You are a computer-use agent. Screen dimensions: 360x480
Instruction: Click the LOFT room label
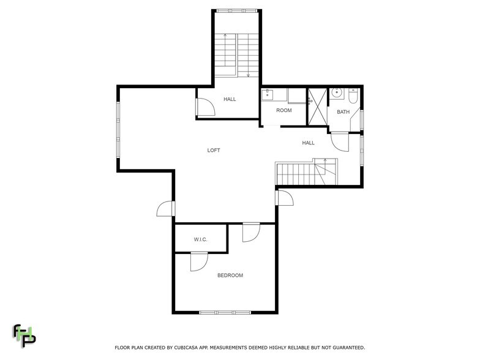coord(213,150)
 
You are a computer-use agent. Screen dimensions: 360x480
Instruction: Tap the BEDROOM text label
coord(230,276)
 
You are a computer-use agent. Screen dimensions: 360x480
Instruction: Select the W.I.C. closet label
coord(200,239)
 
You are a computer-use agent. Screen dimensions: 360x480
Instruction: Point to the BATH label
coord(343,111)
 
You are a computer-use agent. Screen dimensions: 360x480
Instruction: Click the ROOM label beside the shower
coord(283,111)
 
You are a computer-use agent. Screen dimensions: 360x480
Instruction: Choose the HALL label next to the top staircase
coord(230,99)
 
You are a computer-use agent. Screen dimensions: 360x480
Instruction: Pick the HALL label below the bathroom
coord(308,143)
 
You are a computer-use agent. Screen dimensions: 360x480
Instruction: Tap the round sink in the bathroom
coord(336,94)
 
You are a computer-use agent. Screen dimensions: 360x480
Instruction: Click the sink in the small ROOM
coord(268,95)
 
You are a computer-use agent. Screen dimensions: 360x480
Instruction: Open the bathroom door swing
coord(339,142)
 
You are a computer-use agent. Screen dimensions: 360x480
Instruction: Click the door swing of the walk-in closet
coord(199,261)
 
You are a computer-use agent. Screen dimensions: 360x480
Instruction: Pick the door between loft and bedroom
coord(251,233)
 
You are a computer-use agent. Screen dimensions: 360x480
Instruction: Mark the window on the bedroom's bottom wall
coord(225,313)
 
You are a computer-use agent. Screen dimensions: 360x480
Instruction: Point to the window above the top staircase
coord(237,10)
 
